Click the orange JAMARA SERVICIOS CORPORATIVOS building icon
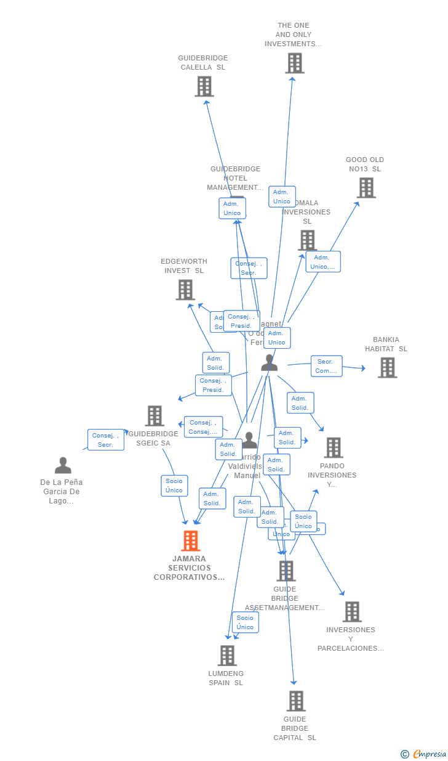tap(191, 541)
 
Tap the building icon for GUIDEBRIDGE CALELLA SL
tap(204, 87)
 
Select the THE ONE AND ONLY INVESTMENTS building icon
tap(295, 63)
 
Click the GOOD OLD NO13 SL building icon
tap(366, 188)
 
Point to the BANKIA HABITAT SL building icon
tap(387, 368)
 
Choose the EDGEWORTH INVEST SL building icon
tap(185, 290)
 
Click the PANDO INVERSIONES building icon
tap(334, 448)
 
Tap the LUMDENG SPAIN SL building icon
tap(227, 656)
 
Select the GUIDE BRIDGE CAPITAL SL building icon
tap(296, 701)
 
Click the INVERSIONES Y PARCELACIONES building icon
tap(352, 612)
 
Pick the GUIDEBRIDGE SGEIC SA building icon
tap(154, 416)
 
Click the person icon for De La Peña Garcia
tap(63, 465)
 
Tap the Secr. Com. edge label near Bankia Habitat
tap(326, 366)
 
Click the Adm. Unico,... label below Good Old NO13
tap(323, 262)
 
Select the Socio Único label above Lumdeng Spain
tap(245, 622)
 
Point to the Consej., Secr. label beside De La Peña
tap(106, 440)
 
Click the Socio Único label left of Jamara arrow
tap(174, 486)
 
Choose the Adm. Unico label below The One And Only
tap(282, 197)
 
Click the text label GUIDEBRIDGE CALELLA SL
tap(203, 63)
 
